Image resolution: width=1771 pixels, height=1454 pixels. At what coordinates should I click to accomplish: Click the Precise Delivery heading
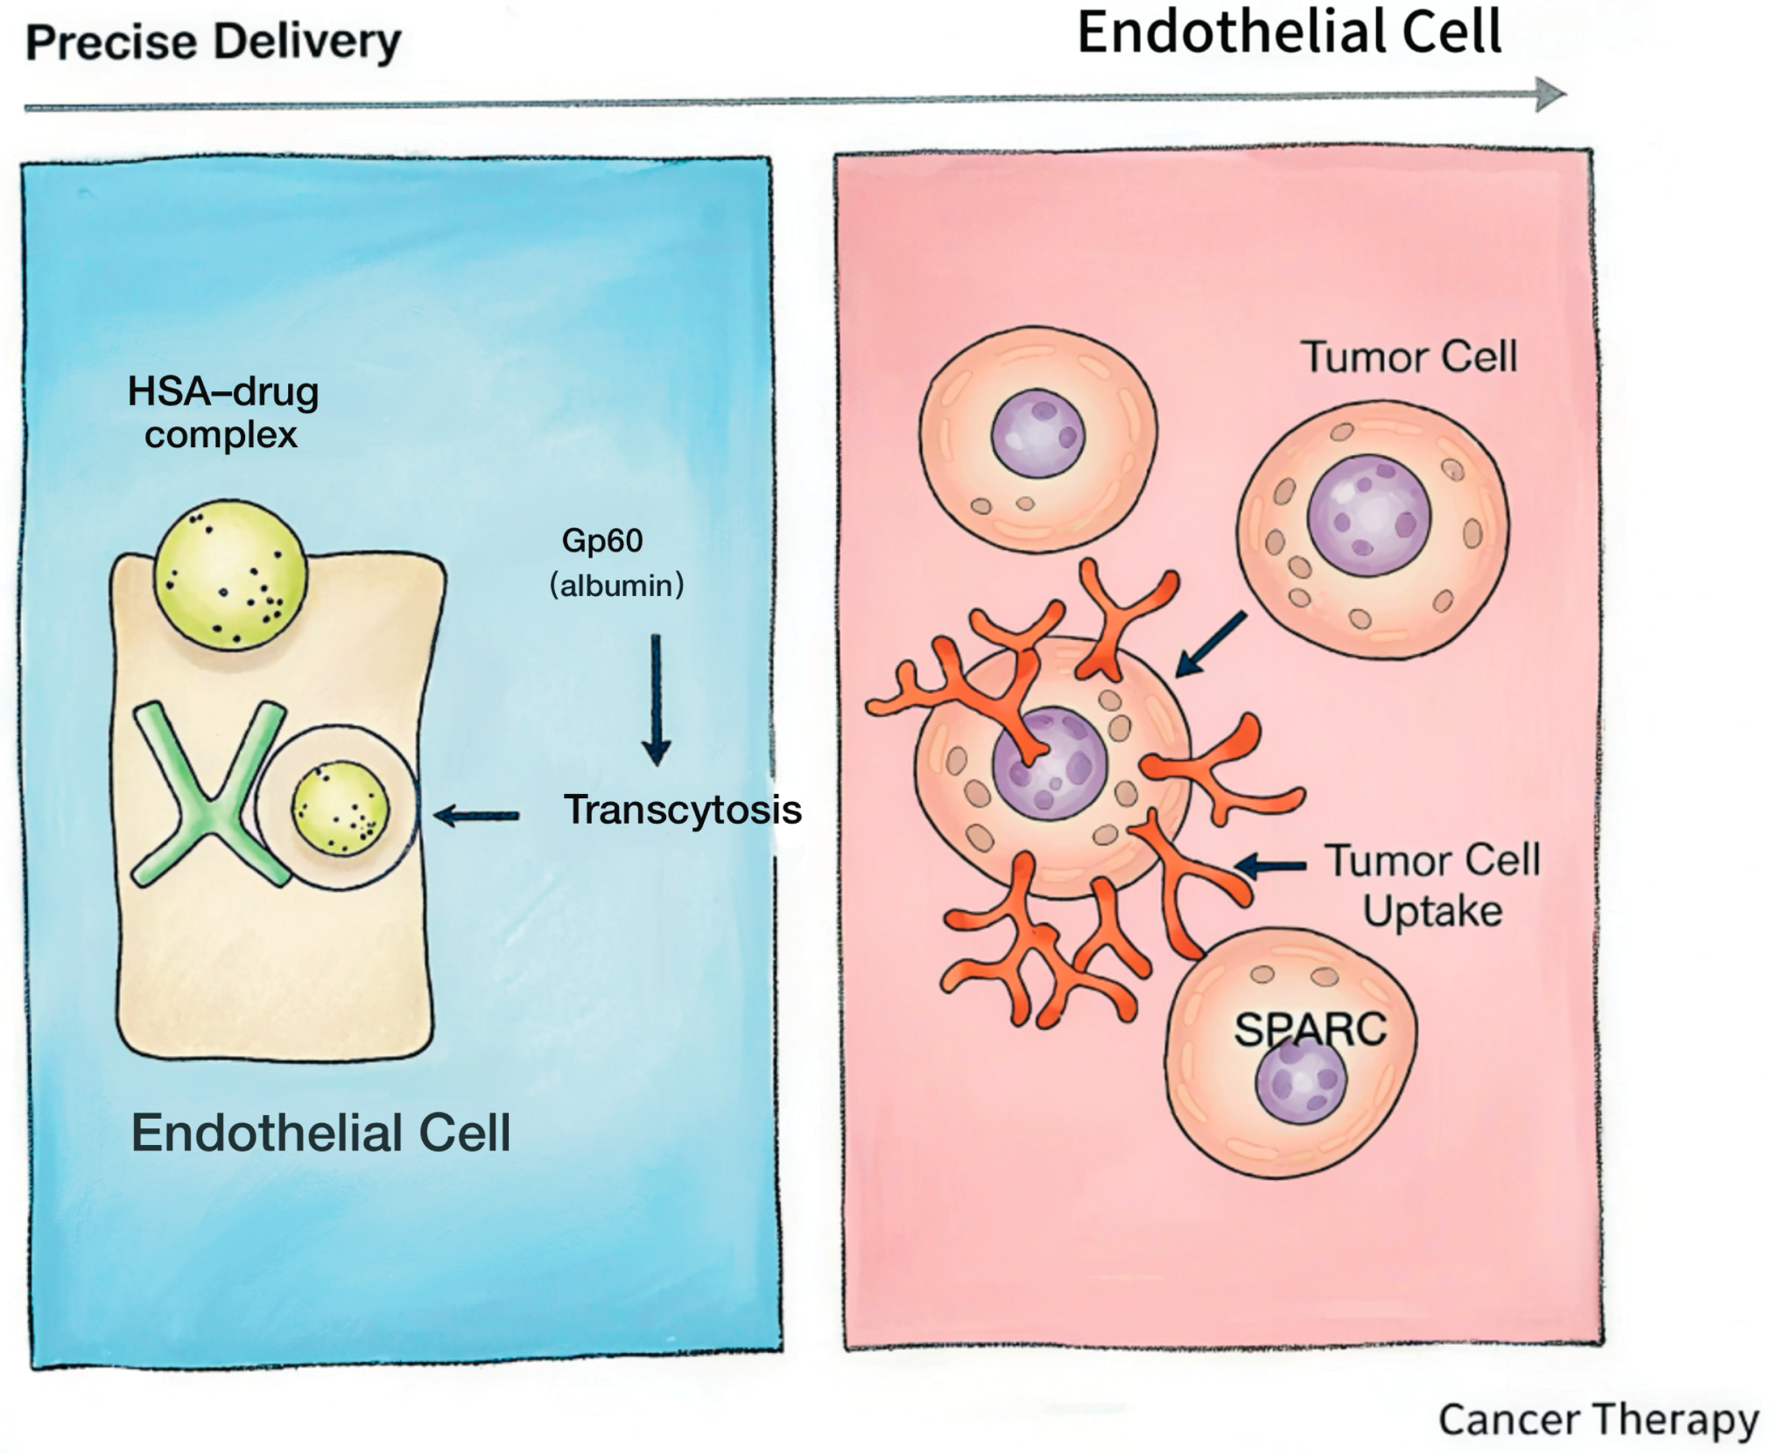pyautogui.click(x=214, y=42)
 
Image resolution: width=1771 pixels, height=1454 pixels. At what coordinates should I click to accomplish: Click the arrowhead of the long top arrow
pyautogui.click(x=1550, y=95)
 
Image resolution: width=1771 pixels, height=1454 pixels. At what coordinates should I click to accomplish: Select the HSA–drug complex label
pyautogui.click(x=223, y=412)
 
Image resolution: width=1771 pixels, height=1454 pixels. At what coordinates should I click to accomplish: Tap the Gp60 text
pyautogui.click(x=602, y=541)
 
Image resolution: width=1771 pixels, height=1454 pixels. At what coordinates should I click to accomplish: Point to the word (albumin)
pyautogui.click(x=617, y=585)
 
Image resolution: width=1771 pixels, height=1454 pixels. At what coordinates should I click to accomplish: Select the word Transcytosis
pyautogui.click(x=682, y=810)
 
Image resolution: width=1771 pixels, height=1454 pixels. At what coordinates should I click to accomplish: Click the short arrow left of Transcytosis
pyautogui.click(x=476, y=816)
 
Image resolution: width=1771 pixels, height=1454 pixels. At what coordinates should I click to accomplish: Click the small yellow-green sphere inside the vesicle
pyautogui.click(x=341, y=807)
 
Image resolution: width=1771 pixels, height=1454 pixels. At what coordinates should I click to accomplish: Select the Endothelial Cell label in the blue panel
pyautogui.click(x=320, y=1133)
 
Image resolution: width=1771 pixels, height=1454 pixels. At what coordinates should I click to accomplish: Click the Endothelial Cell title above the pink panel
pyautogui.click(x=1289, y=33)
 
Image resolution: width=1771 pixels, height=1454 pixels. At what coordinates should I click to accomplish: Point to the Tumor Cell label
pyautogui.click(x=1409, y=357)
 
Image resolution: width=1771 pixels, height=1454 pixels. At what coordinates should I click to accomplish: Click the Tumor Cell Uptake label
pyautogui.click(x=1432, y=886)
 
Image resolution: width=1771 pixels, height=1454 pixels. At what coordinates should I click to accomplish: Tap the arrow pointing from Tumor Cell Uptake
pyautogui.click(x=1270, y=866)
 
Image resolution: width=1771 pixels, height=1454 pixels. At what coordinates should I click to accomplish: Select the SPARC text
pyautogui.click(x=1311, y=1029)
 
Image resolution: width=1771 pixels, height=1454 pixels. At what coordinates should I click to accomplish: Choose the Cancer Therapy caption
pyautogui.click(x=1599, y=1420)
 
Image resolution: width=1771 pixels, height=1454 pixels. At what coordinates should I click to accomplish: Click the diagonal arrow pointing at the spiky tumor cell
pyautogui.click(x=1210, y=644)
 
